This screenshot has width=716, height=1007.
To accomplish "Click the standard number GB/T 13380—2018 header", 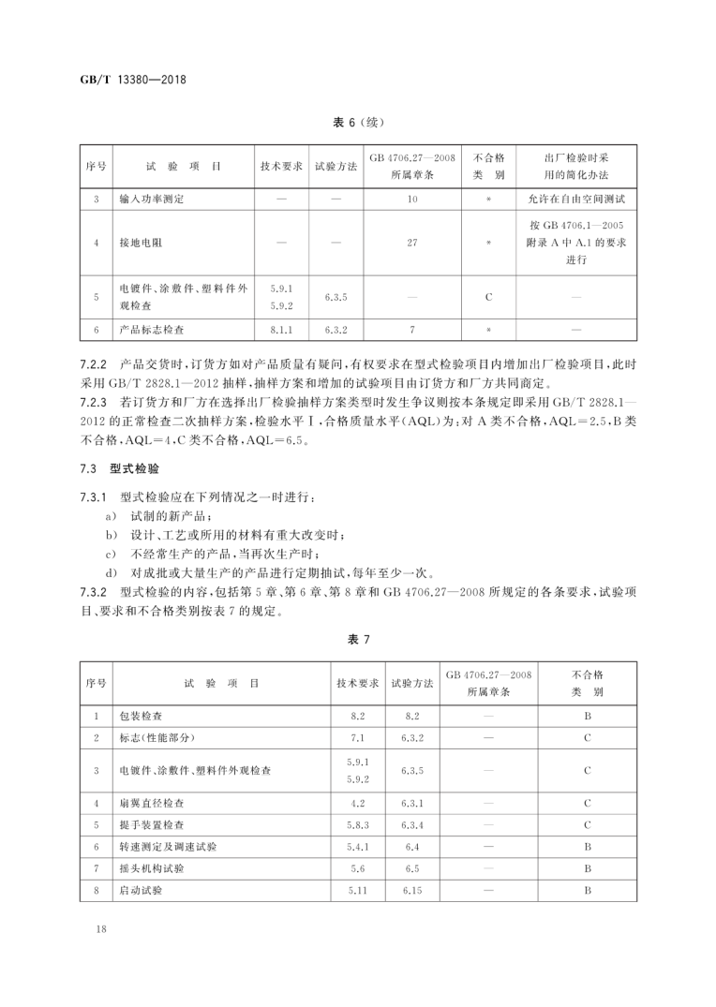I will point(132,79).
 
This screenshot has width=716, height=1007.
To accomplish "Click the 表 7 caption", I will point(360,639).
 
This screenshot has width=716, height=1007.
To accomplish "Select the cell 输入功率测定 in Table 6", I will point(152,200).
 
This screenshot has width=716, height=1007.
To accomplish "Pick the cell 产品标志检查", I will point(152,330).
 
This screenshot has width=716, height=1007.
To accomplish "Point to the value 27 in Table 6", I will point(411,243).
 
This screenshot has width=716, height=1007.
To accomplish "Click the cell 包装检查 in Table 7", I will point(141,716).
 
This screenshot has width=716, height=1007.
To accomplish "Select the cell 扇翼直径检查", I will point(152,803).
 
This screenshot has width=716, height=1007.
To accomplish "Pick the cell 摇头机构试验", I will point(152,868).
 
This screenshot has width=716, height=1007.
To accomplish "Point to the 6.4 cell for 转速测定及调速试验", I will point(411,847).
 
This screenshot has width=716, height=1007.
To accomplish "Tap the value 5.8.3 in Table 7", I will point(357,825).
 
